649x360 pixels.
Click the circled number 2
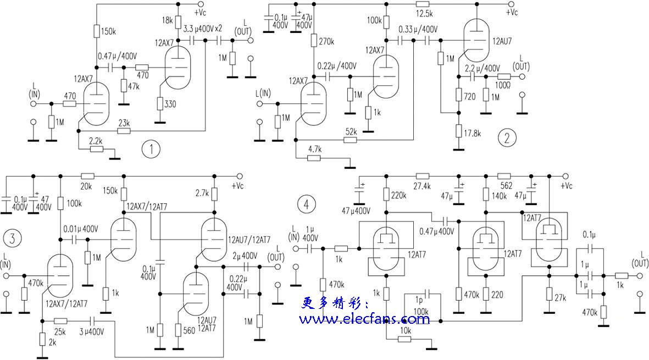click(x=507, y=138)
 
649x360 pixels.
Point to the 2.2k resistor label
click(x=96, y=141)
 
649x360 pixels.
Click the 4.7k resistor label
click(x=315, y=149)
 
